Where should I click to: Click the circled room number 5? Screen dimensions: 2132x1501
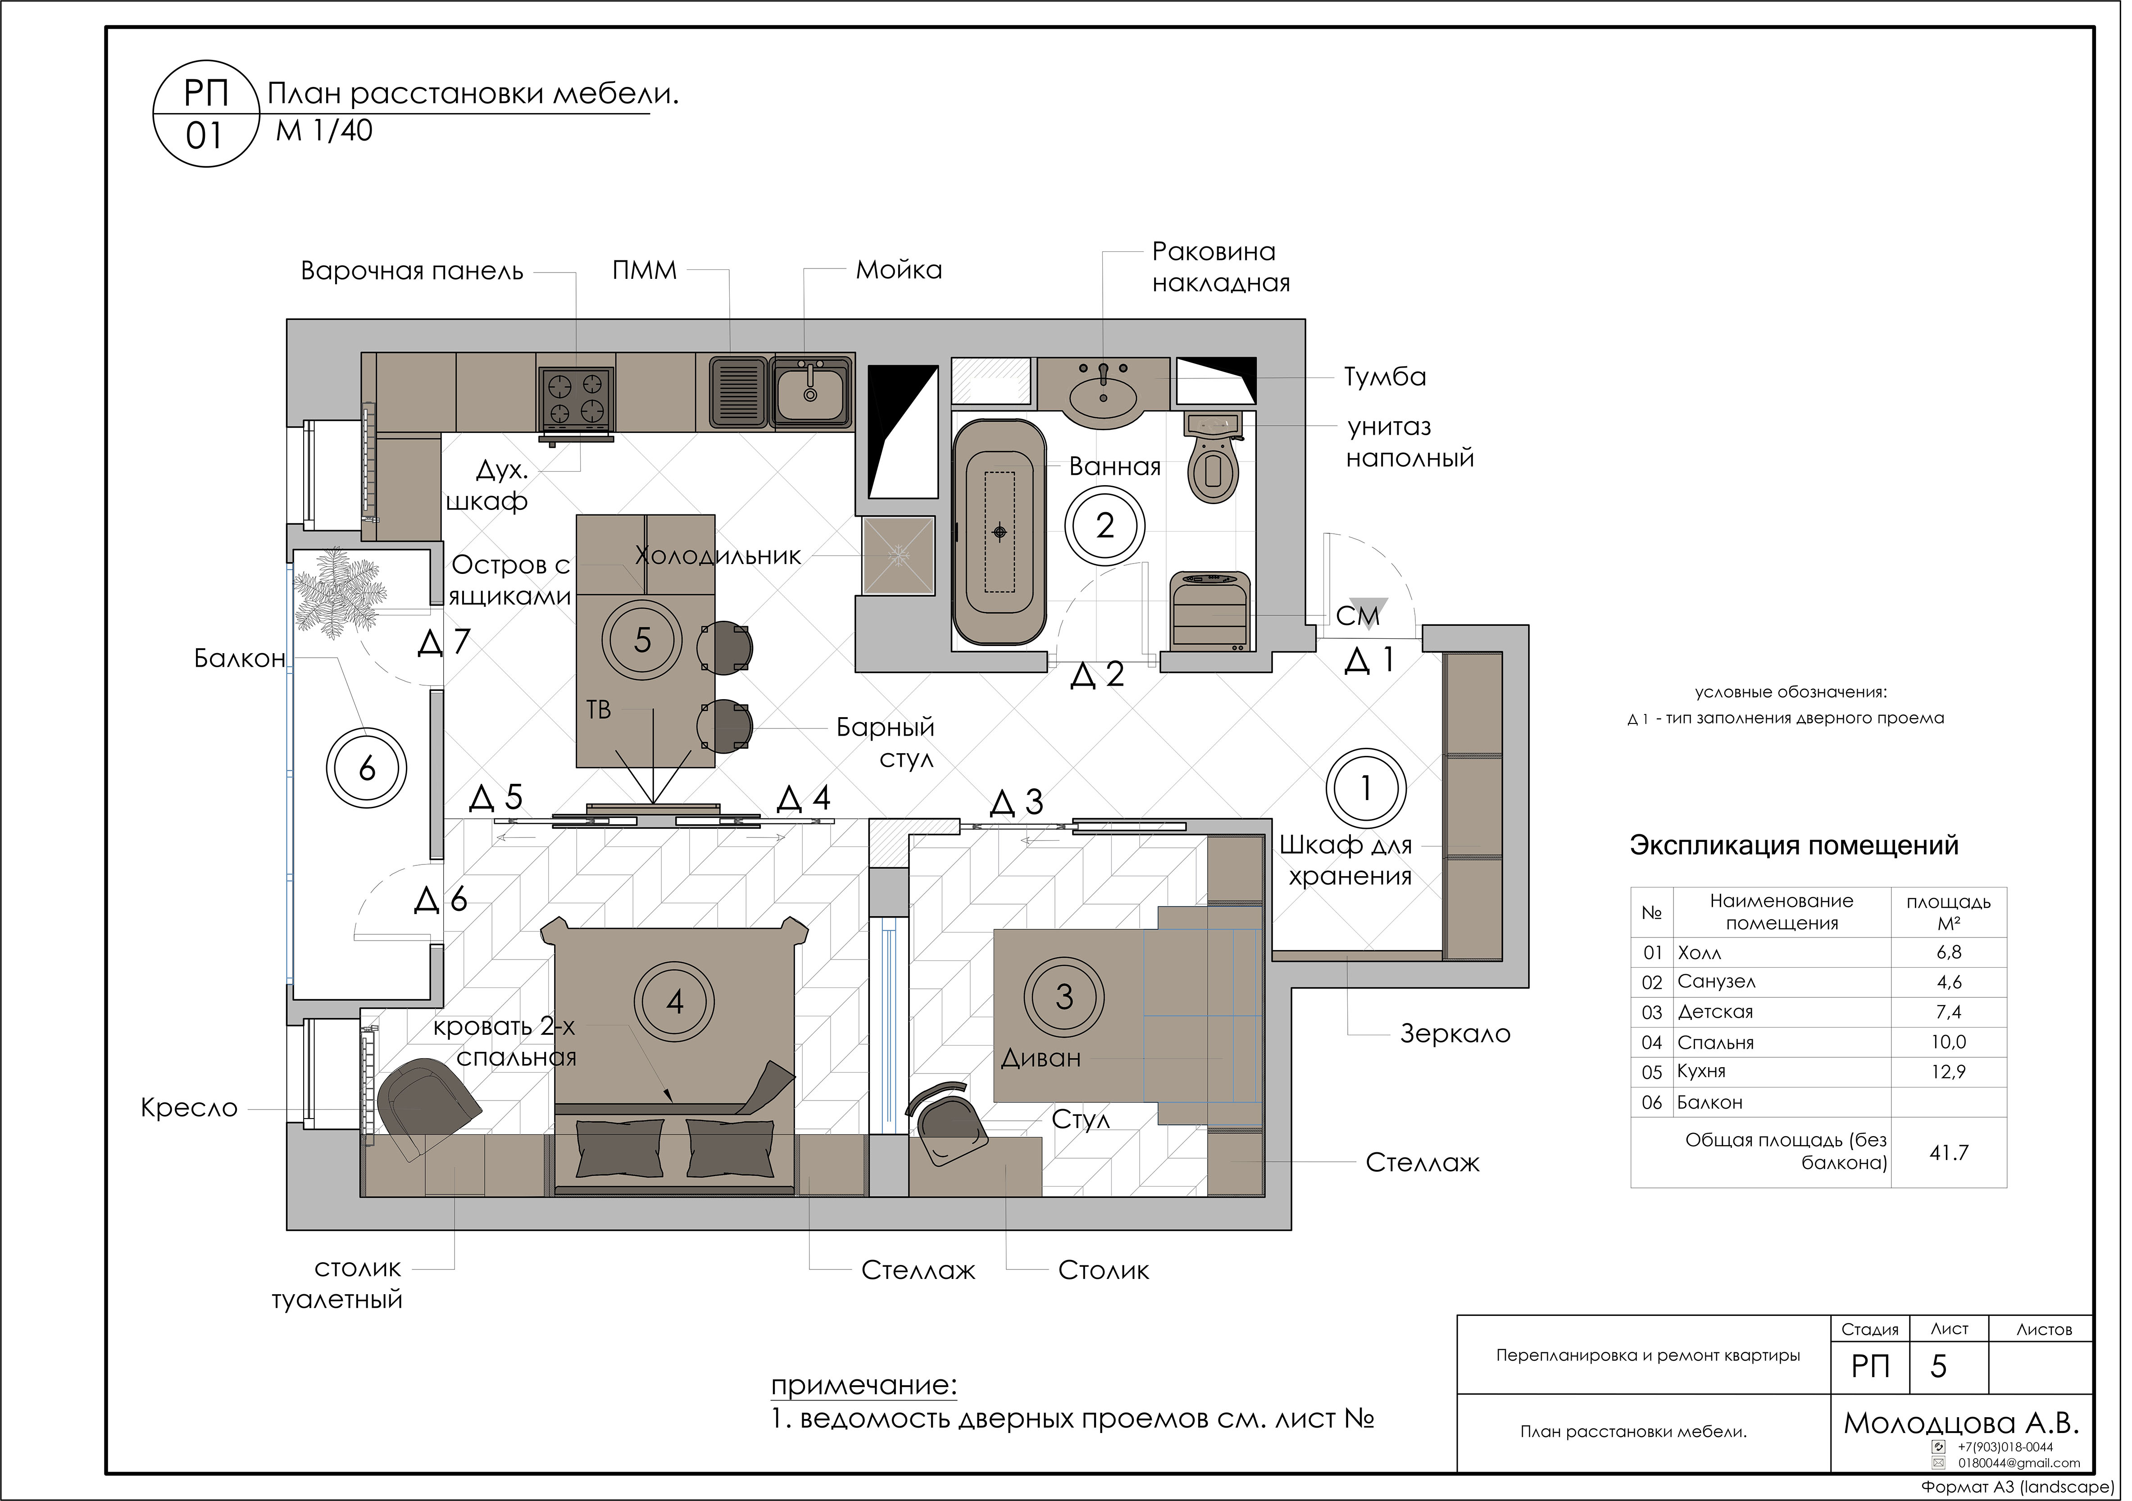click(x=642, y=640)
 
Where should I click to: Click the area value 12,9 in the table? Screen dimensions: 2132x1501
click(x=1948, y=1072)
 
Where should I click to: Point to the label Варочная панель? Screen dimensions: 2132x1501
click(x=412, y=271)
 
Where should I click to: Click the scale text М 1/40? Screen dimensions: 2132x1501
click(x=324, y=131)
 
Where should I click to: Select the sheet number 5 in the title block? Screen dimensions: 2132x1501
click(x=1939, y=1366)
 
